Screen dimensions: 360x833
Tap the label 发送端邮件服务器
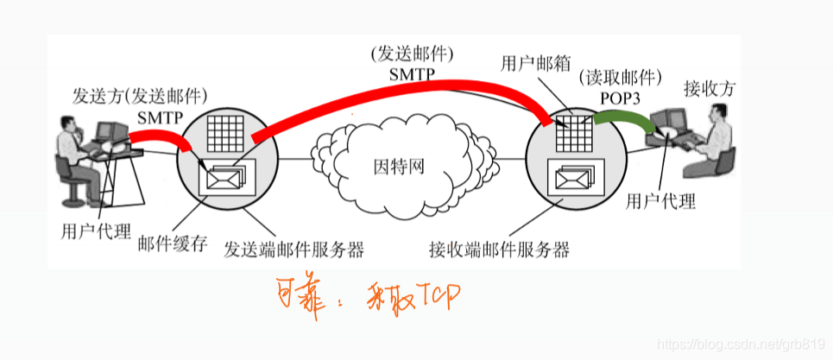click(x=293, y=251)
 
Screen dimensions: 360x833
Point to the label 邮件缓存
click(x=173, y=243)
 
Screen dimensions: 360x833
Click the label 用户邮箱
click(x=529, y=63)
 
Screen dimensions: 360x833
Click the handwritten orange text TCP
click(x=435, y=299)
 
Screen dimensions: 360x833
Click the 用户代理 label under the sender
click(x=96, y=231)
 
